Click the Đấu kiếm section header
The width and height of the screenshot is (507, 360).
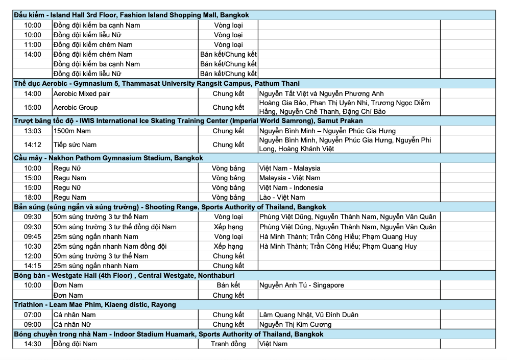coord(132,15)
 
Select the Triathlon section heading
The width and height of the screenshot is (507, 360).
coord(95,305)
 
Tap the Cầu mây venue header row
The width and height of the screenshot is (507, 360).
coord(108,158)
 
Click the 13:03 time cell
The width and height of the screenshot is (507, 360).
coord(33,131)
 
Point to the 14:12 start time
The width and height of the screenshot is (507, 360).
coord(33,145)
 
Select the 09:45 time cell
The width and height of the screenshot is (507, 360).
coord(33,236)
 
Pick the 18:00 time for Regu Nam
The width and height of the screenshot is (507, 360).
coord(33,197)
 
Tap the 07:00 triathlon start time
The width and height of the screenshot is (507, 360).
coord(33,315)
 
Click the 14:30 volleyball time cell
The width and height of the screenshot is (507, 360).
coord(33,344)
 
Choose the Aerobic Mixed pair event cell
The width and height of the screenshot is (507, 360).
coord(82,94)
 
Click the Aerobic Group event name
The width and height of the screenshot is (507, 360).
coord(76,107)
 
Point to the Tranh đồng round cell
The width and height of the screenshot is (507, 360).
coord(228,344)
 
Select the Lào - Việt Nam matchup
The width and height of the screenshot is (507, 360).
coord(282,197)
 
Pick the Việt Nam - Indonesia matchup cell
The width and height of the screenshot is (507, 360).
coord(291,187)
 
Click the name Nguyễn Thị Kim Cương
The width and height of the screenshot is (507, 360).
coord(295,324)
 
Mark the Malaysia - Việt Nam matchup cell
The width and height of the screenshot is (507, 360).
coord(290,178)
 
